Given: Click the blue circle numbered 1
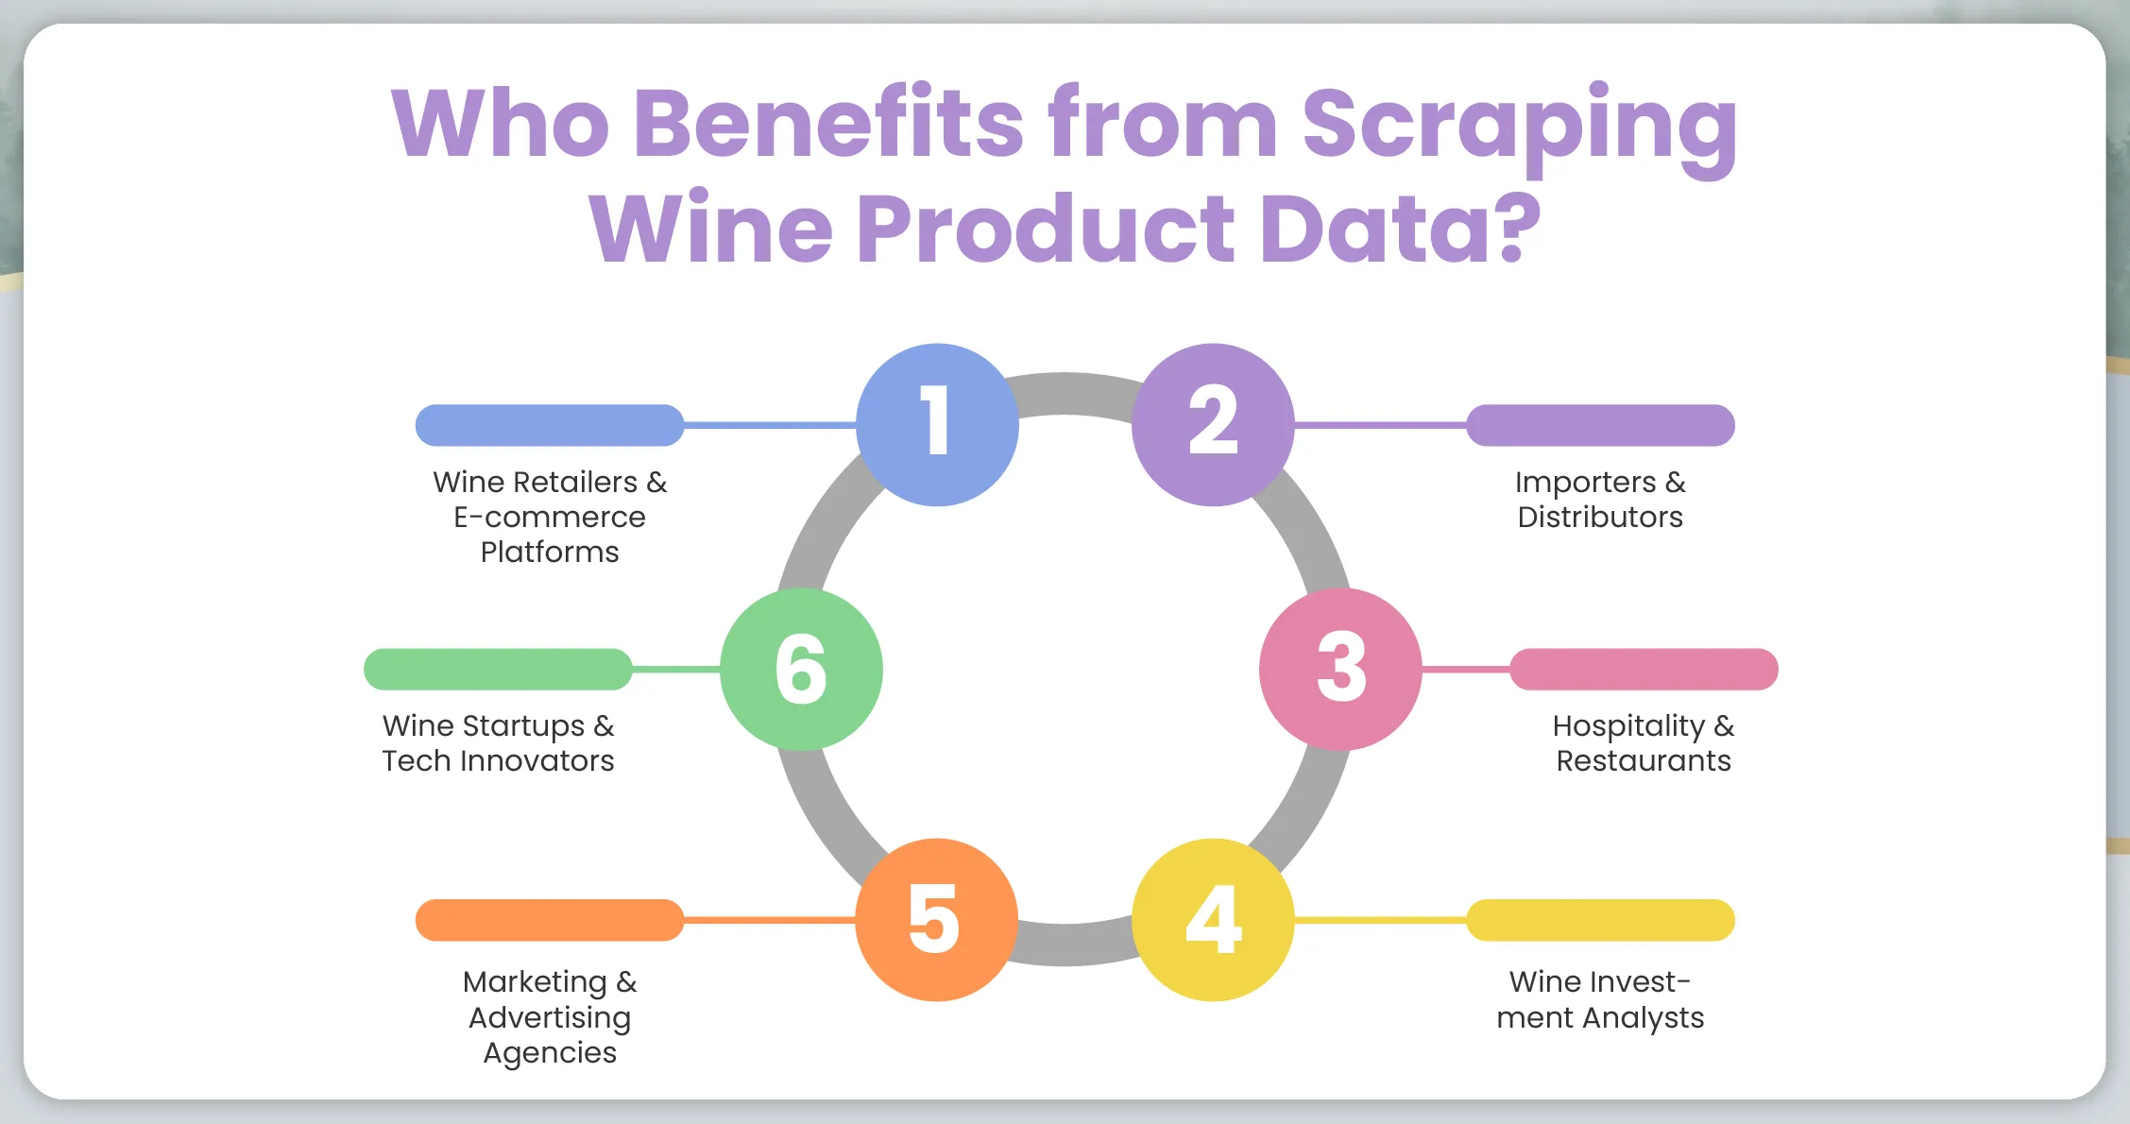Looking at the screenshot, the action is (937, 425).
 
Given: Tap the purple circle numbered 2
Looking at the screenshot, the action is (1213, 425).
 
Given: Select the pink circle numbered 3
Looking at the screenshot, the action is (1340, 669).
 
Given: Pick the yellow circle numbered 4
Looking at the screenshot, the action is (1213, 920).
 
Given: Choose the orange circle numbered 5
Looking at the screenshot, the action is (937, 920).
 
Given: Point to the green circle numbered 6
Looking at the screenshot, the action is (802, 669).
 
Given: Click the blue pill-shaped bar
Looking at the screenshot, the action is (550, 425).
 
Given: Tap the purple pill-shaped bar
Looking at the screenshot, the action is (1600, 425).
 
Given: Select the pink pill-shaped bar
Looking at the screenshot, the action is (1644, 669).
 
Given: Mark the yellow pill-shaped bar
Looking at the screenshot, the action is (1600, 920).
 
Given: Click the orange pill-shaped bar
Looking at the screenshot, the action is (550, 920).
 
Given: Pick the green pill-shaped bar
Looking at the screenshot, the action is (498, 669).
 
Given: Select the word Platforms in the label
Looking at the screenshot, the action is (550, 553).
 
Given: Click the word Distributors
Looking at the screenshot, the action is (1600, 518).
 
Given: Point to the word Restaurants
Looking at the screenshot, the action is (1644, 761).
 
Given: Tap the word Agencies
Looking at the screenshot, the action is (550, 1053).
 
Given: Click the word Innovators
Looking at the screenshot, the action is (537, 761).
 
